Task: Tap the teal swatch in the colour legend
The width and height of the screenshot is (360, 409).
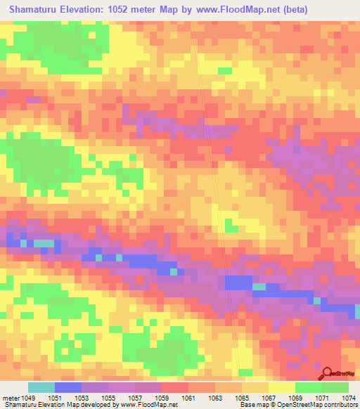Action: click(x=41, y=387)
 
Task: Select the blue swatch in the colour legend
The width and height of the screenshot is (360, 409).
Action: click(x=68, y=387)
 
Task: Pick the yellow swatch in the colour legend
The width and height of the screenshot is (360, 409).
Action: click(x=282, y=387)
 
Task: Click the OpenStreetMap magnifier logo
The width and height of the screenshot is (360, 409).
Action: click(x=327, y=372)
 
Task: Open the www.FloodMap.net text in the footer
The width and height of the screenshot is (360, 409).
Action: click(x=148, y=405)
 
